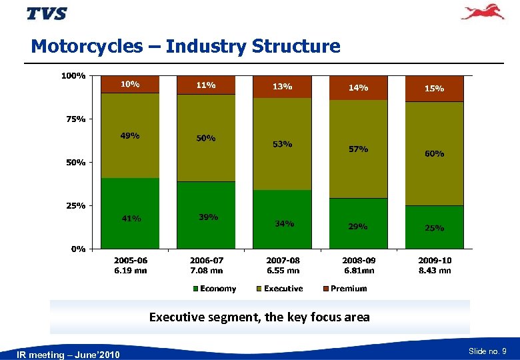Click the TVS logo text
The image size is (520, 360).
[x=47, y=13]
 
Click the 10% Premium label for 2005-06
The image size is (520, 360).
[x=130, y=85]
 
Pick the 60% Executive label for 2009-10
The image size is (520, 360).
[x=434, y=153]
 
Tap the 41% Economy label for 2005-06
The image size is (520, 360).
[x=130, y=218]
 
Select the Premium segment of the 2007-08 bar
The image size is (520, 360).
[x=282, y=87]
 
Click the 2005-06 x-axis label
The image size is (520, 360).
[x=130, y=261]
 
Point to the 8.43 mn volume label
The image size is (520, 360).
[x=435, y=271]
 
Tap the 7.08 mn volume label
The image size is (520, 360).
[x=206, y=271]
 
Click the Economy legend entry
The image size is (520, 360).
[x=214, y=289]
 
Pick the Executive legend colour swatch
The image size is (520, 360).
[x=260, y=289]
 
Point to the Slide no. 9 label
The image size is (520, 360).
[x=488, y=351]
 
